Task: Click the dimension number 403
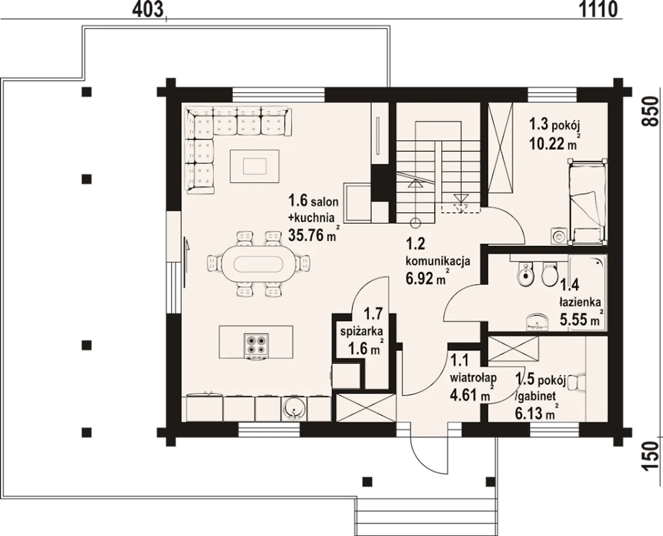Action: coord(148,10)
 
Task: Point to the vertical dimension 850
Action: coord(651,111)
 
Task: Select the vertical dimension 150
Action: coord(651,455)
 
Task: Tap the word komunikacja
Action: coord(438,261)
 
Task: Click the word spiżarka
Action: coord(362,331)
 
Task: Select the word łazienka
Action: coord(580,301)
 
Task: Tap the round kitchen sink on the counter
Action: coord(294,409)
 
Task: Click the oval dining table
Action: coord(258,265)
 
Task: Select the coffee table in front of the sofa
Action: coord(255,166)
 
